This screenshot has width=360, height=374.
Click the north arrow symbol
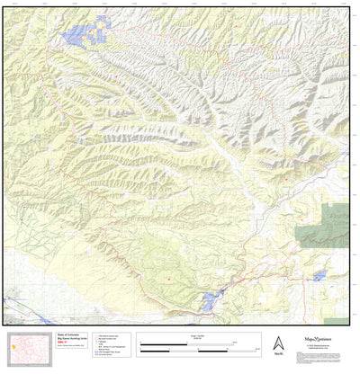click(x=276, y=342)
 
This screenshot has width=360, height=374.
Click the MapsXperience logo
click(x=315, y=340)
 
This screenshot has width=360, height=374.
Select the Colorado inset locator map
click(x=30, y=347)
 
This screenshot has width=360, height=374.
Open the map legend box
click(x=112, y=345)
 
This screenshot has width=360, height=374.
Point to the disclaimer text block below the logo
click(x=315, y=352)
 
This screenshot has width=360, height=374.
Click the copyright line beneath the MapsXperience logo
click(x=315, y=346)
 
